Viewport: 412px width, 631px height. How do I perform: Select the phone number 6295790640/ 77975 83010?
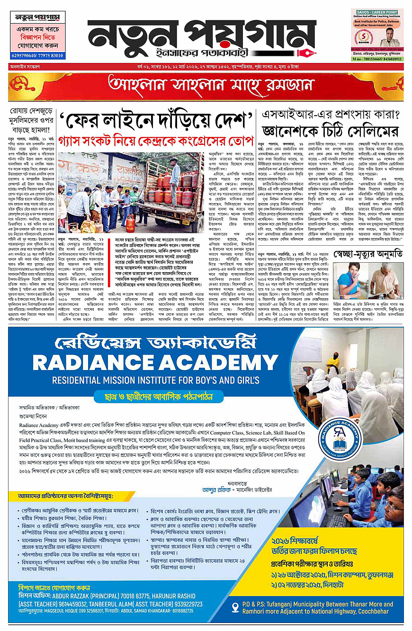(37, 55)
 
